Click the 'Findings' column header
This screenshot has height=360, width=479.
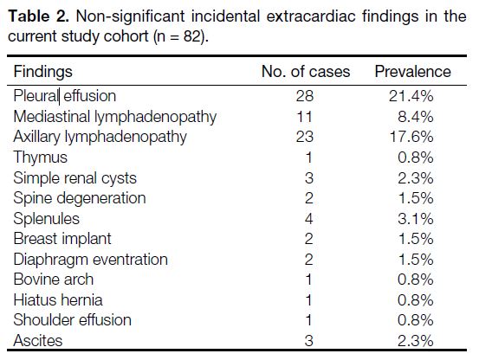(x=43, y=73)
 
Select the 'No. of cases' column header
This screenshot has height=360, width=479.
(x=306, y=72)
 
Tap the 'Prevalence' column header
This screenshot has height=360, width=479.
(x=412, y=72)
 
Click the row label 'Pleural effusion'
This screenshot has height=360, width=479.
(x=65, y=96)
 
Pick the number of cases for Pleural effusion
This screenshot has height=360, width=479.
(x=305, y=96)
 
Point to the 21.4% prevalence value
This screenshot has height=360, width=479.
(x=411, y=96)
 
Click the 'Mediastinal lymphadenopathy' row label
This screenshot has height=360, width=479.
(x=115, y=117)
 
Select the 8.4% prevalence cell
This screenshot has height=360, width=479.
(x=416, y=117)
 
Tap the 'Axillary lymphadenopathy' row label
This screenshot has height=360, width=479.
(x=100, y=138)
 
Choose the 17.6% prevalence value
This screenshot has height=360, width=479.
(x=411, y=137)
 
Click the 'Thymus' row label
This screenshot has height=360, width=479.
(x=41, y=158)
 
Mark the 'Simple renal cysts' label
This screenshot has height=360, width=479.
(x=75, y=178)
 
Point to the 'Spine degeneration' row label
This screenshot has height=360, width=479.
(x=80, y=199)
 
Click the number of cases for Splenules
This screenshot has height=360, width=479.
(x=309, y=219)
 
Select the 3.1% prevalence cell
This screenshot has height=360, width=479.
(x=416, y=219)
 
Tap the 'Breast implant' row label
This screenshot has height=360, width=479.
(x=62, y=239)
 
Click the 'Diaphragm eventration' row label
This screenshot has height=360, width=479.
(x=91, y=260)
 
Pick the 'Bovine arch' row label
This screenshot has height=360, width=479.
(x=54, y=280)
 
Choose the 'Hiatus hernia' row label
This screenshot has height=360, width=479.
(x=58, y=300)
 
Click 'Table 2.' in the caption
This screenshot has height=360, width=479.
(x=39, y=16)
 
